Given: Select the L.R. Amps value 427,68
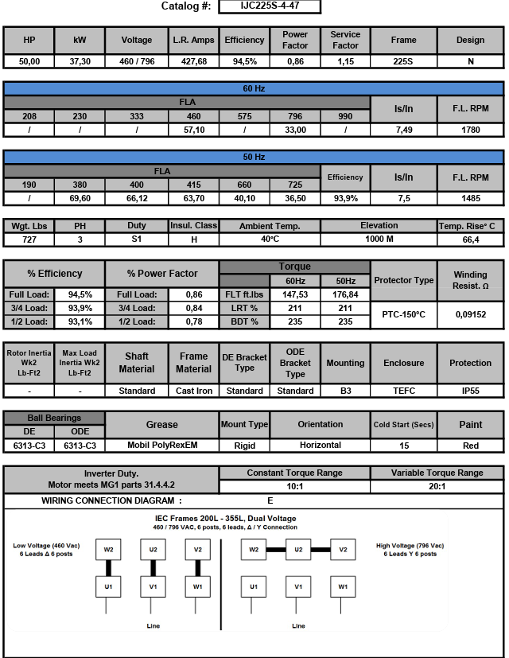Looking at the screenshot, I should point(194,61).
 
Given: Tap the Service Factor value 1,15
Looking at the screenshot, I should point(345,61).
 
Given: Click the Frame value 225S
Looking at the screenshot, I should point(404,61).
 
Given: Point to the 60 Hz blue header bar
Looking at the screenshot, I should point(254,88).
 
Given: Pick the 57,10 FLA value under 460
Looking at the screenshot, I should point(193,130).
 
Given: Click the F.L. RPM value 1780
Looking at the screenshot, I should point(471,130).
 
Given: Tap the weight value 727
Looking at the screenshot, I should point(29,239).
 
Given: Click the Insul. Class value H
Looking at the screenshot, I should point(193,239).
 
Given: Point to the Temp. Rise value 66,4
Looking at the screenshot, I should point(471,239).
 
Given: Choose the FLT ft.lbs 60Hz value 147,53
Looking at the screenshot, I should point(295,294).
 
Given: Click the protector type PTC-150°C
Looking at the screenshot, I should point(404,315).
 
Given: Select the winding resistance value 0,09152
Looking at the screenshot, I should point(471,315).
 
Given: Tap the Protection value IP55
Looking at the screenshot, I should point(471,391).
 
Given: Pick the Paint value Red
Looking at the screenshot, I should point(471,446).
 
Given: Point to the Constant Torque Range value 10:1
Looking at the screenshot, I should point(294,486).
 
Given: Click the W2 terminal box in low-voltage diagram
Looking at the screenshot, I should point(107,549).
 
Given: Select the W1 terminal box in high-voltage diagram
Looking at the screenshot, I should point(343,587).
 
